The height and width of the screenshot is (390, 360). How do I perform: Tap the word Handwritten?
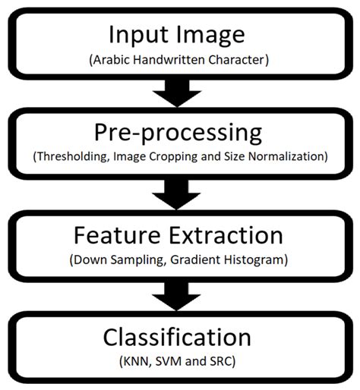(168, 58)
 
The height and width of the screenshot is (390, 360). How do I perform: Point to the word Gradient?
(197, 259)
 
